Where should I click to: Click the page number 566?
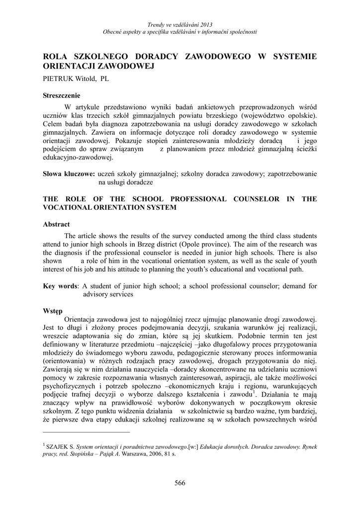click(180, 483)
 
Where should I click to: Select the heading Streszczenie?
click(62, 95)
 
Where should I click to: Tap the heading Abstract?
click(56, 224)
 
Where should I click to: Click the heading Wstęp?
click(53, 310)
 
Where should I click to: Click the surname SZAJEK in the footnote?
click(56, 446)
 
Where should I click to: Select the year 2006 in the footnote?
click(156, 454)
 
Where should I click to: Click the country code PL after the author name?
click(105, 79)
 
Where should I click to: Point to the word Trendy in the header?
click(156, 25)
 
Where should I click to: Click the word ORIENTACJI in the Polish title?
click(68, 66)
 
